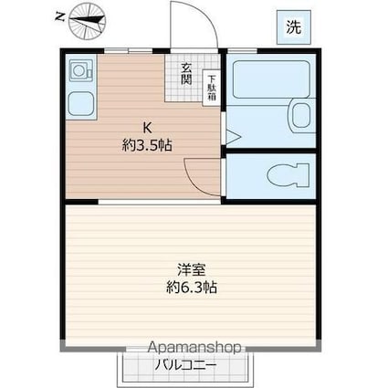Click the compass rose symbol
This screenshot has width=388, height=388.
tap(87, 24)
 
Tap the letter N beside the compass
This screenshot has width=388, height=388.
tap(59, 16)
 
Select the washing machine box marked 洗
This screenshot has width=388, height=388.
tap(293, 27)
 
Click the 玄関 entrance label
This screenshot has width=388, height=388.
tap(185, 74)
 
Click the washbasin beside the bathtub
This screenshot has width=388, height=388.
tap(299, 115)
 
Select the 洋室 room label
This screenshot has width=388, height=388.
tap(192, 269)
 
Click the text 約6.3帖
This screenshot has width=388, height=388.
tap(192, 287)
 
